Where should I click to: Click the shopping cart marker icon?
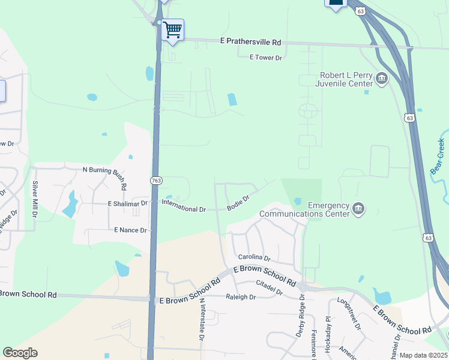pyautogui.click(x=172, y=29)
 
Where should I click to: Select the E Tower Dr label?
pyautogui.click(x=265, y=58)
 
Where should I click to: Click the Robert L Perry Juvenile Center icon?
pyautogui.click(x=381, y=79)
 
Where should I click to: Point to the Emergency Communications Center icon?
pyautogui.click(x=358, y=209)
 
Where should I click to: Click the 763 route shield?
pyautogui.click(x=156, y=180)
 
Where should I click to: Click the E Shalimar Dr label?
pyautogui.click(x=127, y=204)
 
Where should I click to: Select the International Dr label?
pyautogui.click(x=184, y=209)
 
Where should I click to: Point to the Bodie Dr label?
pyautogui.click(x=238, y=202)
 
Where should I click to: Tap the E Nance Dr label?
pyautogui.click(x=130, y=230)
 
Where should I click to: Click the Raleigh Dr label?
pyautogui.click(x=241, y=297)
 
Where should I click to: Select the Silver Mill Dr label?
pyautogui.click(x=35, y=199)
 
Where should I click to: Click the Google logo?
pyautogui.click(x=20, y=353)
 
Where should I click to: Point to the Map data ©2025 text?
pyautogui.click(x=423, y=355)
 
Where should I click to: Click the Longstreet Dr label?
pyautogui.click(x=350, y=314)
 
